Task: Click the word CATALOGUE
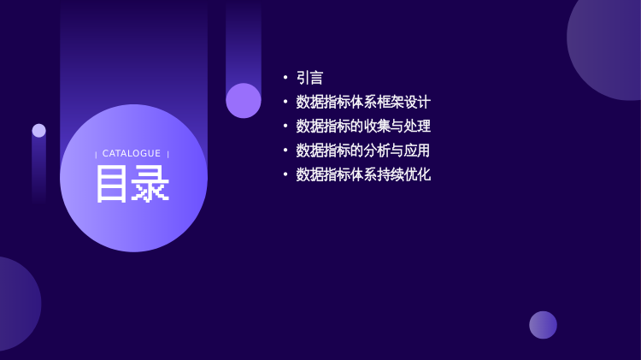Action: [x=132, y=153]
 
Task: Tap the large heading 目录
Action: [x=132, y=184]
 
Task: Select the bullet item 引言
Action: [x=310, y=78]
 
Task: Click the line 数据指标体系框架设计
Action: [x=363, y=102]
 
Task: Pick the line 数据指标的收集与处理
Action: [x=363, y=126]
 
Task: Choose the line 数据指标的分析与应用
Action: [x=363, y=150]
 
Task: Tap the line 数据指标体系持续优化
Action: [x=363, y=174]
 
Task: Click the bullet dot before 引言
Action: [x=285, y=77]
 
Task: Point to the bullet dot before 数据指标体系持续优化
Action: [x=285, y=174]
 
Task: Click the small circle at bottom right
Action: [x=543, y=325]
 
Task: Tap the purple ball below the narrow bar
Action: [x=244, y=101]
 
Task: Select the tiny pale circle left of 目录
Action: [x=38, y=131]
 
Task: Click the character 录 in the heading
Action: [x=150, y=184]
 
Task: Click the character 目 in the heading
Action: [x=111, y=184]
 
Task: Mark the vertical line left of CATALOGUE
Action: [x=96, y=154]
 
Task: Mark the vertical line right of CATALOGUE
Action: [x=168, y=154]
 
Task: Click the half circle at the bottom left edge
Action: [x=19, y=304]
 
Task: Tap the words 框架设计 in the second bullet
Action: [x=404, y=102]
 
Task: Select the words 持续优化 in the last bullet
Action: [x=404, y=174]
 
